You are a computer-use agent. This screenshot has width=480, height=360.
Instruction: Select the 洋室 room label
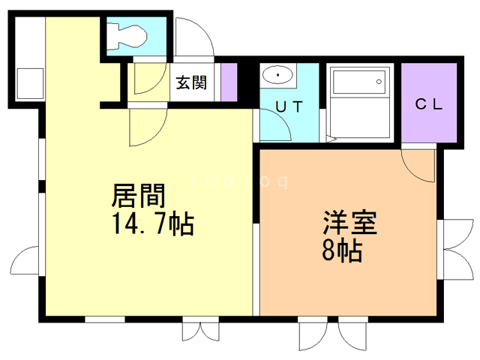[x=349, y=223]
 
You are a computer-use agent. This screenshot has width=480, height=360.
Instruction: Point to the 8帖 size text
[x=341, y=250]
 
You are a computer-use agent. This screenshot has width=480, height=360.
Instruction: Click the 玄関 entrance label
[x=191, y=82]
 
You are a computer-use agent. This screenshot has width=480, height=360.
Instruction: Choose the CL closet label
[x=429, y=105]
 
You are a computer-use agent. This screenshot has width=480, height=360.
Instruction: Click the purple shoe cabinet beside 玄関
[x=229, y=82]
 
